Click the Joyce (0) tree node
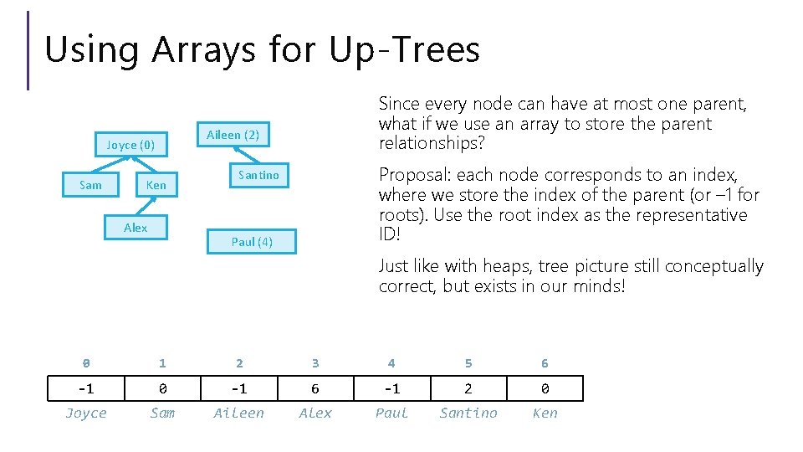coord(130,145)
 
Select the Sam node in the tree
coord(90,185)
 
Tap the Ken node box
coord(156,185)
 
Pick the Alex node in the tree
coord(136,228)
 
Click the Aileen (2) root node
coord(233,135)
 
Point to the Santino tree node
coord(258,175)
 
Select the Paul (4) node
coord(252,242)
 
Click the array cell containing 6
coord(315,389)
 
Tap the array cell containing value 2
coord(468,389)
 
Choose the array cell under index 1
coord(162,389)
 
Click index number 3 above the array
coord(315,363)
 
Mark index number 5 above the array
coord(468,363)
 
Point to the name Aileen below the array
coord(238,413)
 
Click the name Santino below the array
coord(468,413)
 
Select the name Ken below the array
coord(545,413)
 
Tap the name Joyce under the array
coord(86,413)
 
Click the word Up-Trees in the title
coord(405,50)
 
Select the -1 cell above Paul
coord(391,389)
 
